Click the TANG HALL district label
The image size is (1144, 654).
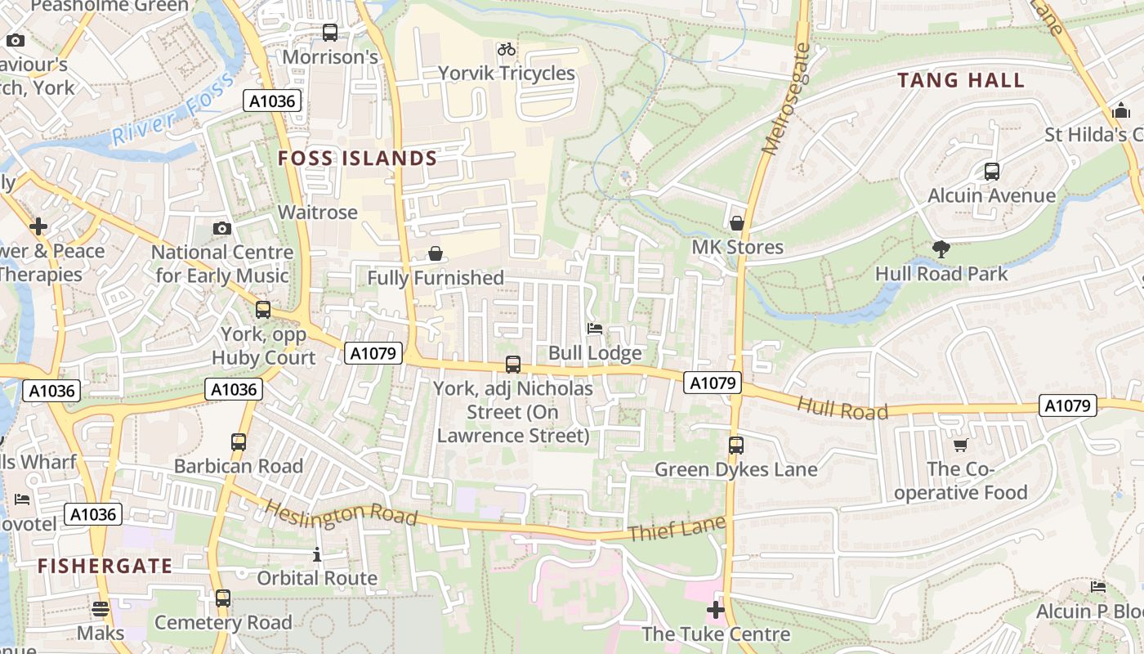[x=961, y=80]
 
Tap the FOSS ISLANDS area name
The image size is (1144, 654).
[x=358, y=158]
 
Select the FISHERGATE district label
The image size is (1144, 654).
[x=105, y=566]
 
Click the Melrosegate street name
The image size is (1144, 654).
[x=784, y=98]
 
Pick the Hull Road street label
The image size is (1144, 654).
[x=842, y=409]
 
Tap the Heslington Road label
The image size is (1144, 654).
[x=341, y=514]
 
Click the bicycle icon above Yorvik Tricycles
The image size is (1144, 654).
[x=507, y=49]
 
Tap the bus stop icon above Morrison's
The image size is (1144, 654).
[x=330, y=33]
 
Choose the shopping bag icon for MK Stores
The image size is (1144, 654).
[x=737, y=223]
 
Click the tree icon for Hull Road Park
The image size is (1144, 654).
[x=941, y=249]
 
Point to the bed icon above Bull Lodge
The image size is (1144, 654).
[x=595, y=329]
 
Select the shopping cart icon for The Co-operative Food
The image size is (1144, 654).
[x=961, y=445]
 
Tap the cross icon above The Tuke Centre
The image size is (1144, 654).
[x=716, y=610]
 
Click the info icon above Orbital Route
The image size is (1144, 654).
[x=317, y=556]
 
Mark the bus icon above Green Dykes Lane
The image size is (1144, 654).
[x=735, y=446]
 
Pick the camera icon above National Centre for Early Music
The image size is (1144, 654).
[x=221, y=228]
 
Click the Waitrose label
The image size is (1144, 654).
[x=318, y=213]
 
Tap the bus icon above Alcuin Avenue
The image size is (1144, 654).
[x=992, y=172]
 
